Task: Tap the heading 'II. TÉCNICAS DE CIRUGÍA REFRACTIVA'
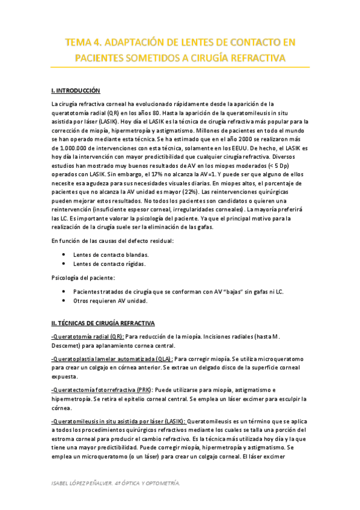coord(103,323)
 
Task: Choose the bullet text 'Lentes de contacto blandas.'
coord(111,255)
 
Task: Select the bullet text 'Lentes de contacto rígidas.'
coord(109,264)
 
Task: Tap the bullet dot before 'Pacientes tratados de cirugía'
coord(64,291)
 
